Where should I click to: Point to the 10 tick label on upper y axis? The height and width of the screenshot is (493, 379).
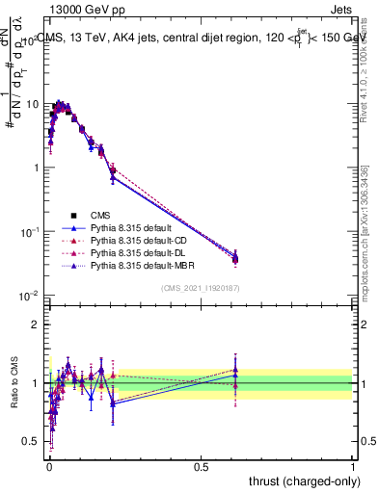pos(32,104)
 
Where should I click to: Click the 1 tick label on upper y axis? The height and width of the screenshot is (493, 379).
pos(35,168)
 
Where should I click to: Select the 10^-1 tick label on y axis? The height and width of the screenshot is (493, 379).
pos(30,231)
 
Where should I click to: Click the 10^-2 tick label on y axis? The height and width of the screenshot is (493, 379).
pos(30,295)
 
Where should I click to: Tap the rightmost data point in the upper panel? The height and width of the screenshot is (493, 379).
pos(234,257)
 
